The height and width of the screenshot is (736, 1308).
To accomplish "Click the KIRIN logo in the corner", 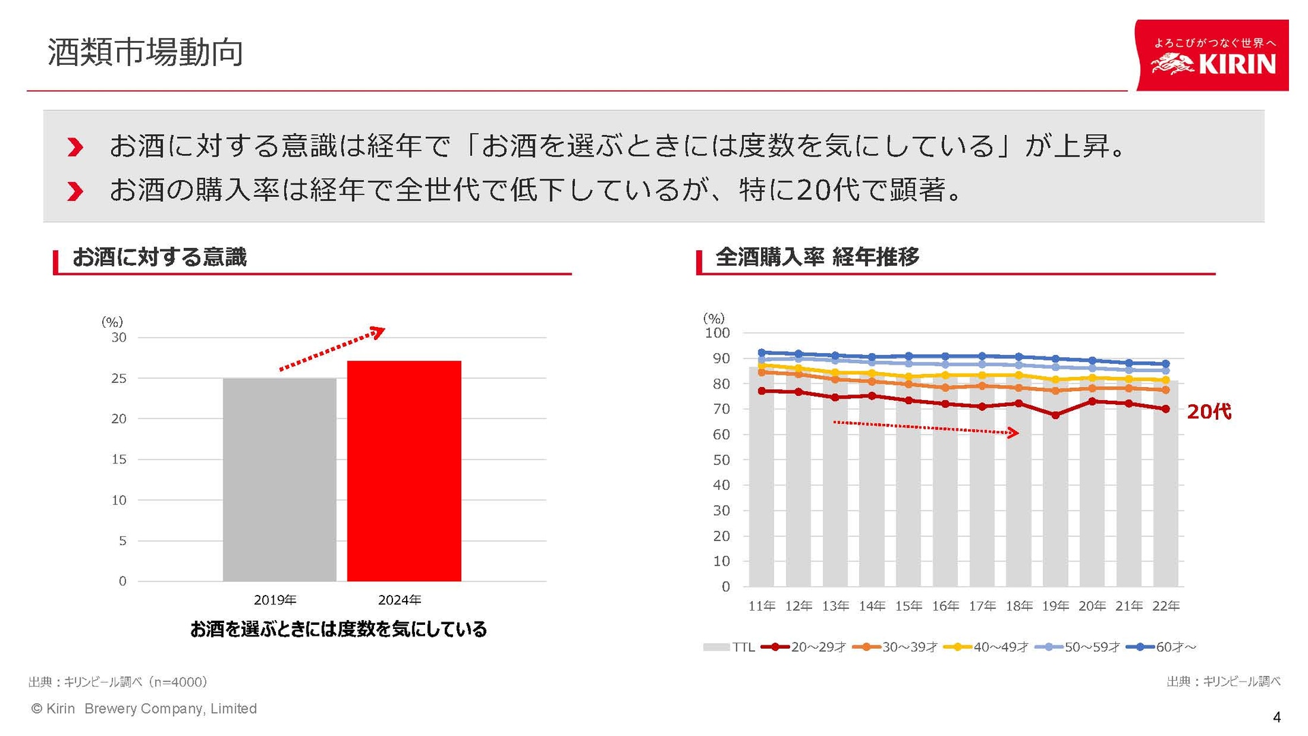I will pos(1213,56).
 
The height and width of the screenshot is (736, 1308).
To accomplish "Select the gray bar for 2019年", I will pos(279,480).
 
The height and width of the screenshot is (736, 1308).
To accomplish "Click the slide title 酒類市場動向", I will pos(145,52).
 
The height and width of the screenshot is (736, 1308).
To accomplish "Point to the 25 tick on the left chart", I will pos(119,378).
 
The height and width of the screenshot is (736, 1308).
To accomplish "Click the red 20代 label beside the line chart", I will pos(1209,412).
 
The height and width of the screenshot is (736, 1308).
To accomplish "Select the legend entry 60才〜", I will pos(1163,647).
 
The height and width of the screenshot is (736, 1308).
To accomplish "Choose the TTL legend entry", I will pos(730,647).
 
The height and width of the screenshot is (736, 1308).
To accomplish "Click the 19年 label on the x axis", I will pos(1055,606).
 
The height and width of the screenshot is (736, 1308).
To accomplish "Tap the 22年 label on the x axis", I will pos(1166,606).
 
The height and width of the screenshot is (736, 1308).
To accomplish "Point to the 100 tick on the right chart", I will pos(717,333).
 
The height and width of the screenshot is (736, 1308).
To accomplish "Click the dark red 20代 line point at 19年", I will pos(1055,415).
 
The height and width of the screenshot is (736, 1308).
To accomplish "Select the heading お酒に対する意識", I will pos(159,257).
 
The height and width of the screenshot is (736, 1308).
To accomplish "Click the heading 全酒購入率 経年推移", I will pos(817,257).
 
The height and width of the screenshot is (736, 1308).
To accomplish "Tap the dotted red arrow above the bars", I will pos(332,349).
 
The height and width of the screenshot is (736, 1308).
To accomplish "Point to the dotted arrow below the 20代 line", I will pos(925,428).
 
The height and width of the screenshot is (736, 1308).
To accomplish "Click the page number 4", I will pos(1276,717).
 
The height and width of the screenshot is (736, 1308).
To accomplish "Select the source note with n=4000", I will pos(118,681).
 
